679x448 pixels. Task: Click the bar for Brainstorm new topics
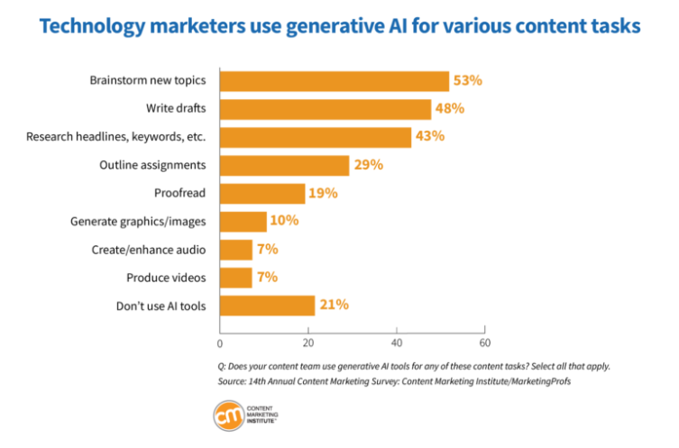coord(335,81)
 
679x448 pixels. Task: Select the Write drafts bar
coord(326,109)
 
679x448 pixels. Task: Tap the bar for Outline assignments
coord(284,165)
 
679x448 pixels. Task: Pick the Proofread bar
coord(262,193)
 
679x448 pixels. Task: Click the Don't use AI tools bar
coord(267,306)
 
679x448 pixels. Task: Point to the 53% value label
coord(467,81)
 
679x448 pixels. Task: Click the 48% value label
coord(449,109)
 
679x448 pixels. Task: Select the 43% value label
coord(428,137)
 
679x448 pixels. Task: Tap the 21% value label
coord(333,306)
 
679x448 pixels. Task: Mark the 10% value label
coord(284,221)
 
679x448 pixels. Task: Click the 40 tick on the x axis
coord(397,343)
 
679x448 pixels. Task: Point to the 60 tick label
coord(484,343)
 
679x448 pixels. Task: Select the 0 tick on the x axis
coord(220,343)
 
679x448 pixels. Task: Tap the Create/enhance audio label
coord(149,250)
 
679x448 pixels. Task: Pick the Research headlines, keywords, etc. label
coord(115,137)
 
